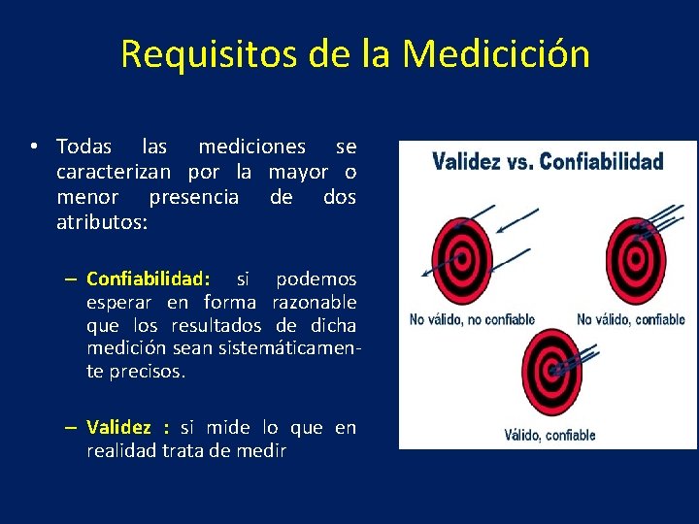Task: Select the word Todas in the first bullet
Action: click(x=84, y=147)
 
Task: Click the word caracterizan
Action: click(x=114, y=173)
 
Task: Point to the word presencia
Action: click(x=193, y=198)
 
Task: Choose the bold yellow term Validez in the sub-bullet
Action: click(x=118, y=428)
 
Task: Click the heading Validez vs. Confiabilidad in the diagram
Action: click(x=548, y=162)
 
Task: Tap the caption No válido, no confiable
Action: click(x=472, y=319)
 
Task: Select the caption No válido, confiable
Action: click(x=630, y=319)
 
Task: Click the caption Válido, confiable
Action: click(x=549, y=435)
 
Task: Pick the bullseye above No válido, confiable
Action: click(x=635, y=258)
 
